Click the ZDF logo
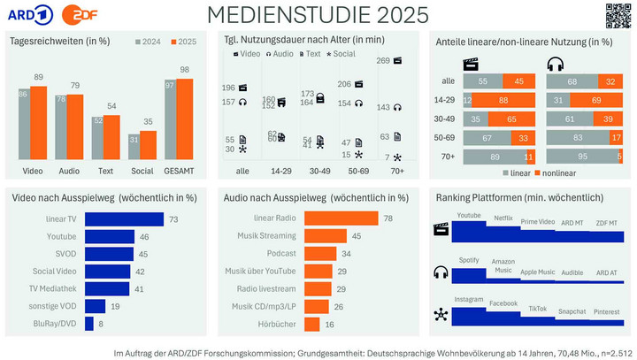pos(68,15)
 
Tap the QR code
pos(618,15)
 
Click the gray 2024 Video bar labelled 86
pos(24,121)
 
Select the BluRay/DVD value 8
pos(100,325)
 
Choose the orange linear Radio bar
pos(342,218)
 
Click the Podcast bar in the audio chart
pos(319,254)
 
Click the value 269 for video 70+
pos(383,61)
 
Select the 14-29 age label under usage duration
pos(281,170)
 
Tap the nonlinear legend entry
pos(579,172)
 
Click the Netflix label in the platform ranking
pos(503,217)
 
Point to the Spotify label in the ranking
pos(469,259)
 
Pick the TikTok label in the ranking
pos(537,309)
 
